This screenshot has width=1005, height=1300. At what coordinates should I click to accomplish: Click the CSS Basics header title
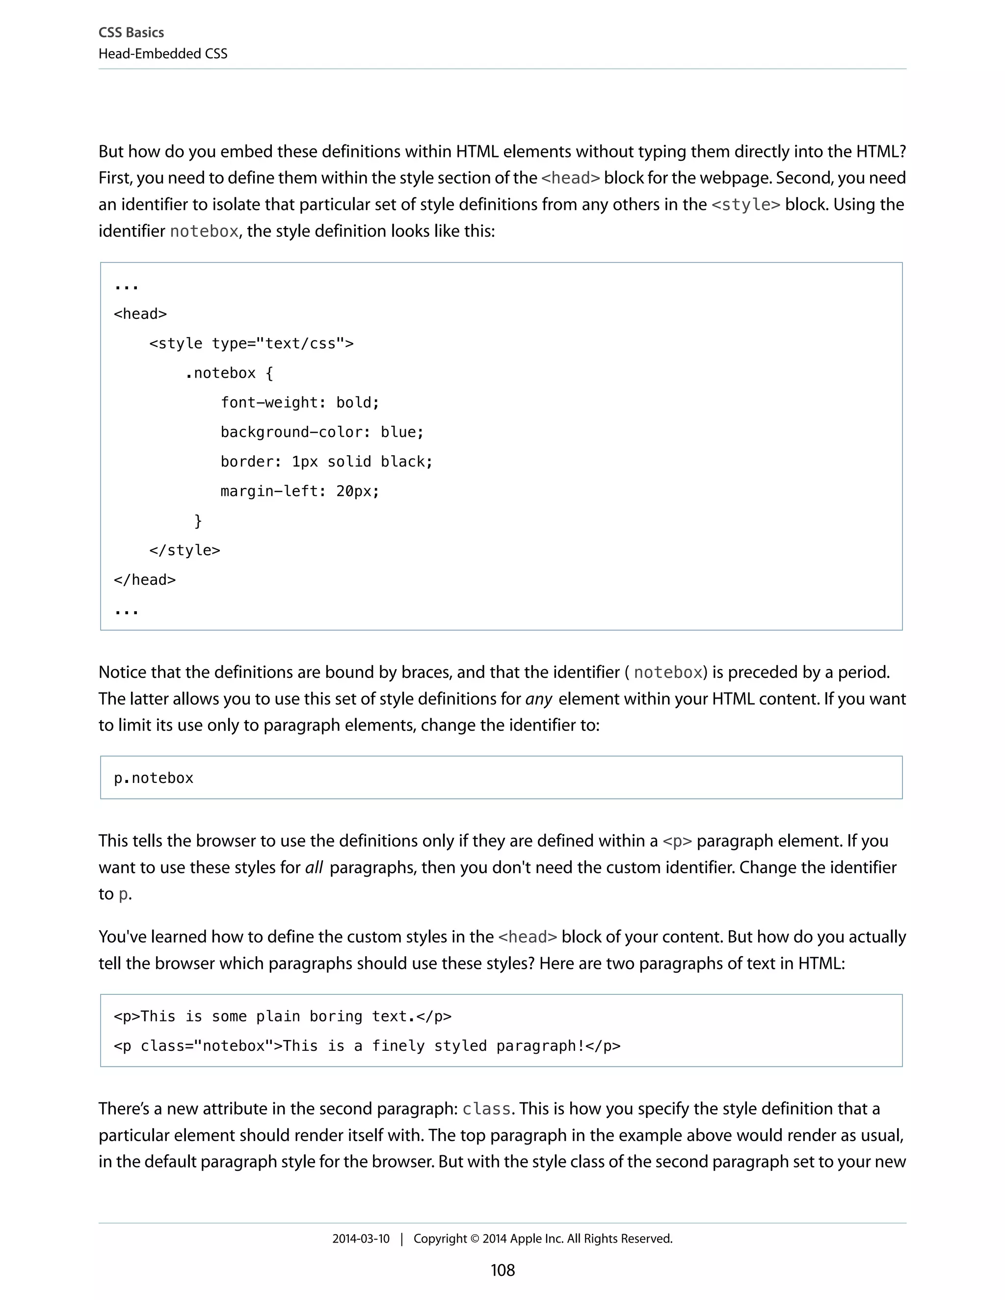(x=131, y=33)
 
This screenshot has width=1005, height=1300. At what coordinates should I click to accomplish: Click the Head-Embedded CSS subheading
(x=162, y=54)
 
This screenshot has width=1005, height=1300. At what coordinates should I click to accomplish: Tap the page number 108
(x=502, y=1270)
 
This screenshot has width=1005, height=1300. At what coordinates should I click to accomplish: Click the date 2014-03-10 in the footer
(x=361, y=1239)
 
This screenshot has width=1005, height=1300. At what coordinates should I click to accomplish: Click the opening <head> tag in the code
(x=140, y=313)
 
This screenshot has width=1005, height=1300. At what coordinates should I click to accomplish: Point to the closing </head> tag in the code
(x=145, y=580)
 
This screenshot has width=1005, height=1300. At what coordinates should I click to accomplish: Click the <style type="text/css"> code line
(x=251, y=343)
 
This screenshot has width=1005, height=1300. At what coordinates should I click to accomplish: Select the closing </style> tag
(x=185, y=550)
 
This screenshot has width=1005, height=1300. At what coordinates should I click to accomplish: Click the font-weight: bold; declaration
(x=299, y=402)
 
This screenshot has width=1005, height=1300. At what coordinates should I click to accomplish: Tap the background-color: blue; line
(x=321, y=432)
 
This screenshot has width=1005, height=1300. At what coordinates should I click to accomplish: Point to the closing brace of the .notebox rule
(x=198, y=521)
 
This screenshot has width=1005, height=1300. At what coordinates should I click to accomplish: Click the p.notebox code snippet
(x=154, y=778)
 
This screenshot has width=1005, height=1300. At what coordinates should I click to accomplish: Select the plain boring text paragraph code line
(x=282, y=1016)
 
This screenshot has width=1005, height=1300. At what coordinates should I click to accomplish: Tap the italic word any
(x=539, y=699)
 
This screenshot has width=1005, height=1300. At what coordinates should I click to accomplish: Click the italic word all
(x=314, y=867)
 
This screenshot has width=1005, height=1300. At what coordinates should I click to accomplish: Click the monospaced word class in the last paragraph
(x=486, y=1109)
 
